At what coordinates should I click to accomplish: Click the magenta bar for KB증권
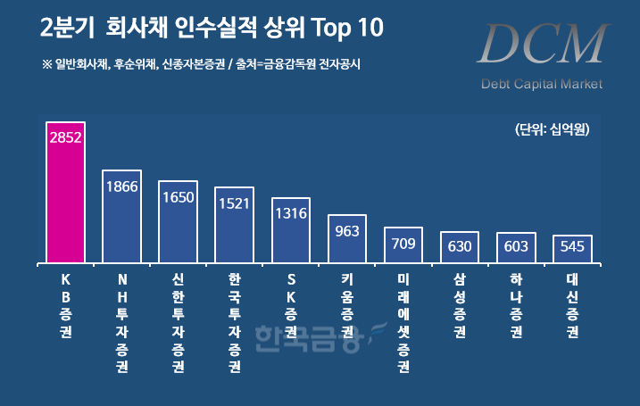(65, 193)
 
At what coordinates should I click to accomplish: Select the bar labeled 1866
(121, 217)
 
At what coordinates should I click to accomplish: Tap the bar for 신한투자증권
(178, 222)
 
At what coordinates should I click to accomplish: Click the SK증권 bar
(290, 230)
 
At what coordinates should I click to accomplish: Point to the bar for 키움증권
(347, 239)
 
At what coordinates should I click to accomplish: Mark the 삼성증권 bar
(460, 247)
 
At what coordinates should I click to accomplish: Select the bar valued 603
(516, 248)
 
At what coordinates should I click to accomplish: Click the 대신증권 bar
(572, 249)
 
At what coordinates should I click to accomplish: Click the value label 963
(347, 231)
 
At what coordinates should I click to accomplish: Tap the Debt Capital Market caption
(541, 85)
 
